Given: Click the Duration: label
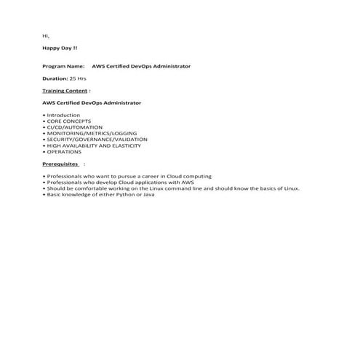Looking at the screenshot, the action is (55, 78).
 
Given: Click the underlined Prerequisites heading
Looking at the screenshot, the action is (60, 164).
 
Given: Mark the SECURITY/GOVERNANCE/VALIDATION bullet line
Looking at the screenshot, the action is (96, 139).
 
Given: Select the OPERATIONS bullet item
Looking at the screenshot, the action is (64, 151).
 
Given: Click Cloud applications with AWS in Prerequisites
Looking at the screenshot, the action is (160, 182).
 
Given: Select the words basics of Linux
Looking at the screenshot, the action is (280, 188).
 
